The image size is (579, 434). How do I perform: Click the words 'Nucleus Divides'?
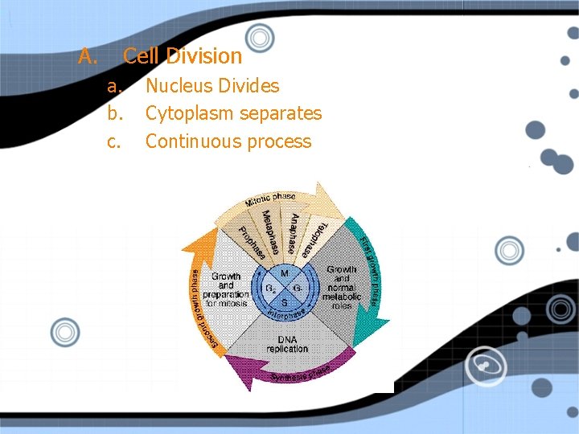(x=212, y=86)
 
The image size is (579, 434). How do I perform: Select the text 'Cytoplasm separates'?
(x=233, y=113)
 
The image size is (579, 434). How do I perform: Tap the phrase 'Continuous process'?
(x=228, y=141)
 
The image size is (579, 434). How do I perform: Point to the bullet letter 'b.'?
(x=116, y=113)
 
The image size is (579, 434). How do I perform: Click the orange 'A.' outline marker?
(x=88, y=56)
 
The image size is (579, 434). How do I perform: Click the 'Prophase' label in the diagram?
(x=252, y=243)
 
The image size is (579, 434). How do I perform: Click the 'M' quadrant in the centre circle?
(x=285, y=273)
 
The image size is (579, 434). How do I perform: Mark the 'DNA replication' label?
(x=287, y=344)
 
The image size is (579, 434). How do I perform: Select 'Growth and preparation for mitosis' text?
(x=226, y=290)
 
